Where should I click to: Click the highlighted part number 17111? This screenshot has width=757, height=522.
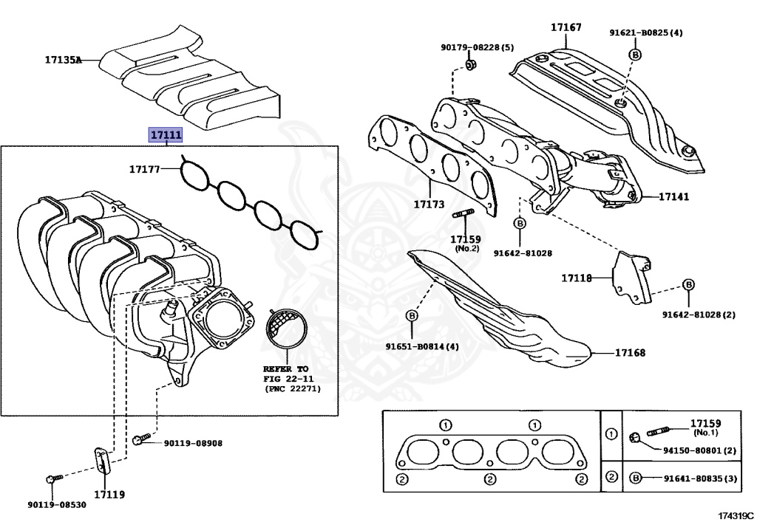point(166,135)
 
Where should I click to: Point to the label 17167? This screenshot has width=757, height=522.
point(566,27)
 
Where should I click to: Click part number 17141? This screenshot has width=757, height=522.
point(673,197)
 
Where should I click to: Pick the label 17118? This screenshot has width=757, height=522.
point(576,278)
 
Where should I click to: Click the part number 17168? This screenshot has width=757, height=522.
point(630,353)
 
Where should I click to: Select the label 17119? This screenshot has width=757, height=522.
point(109,494)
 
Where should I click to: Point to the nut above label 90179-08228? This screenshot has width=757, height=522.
point(471,66)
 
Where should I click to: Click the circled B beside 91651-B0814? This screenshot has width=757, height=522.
point(412,316)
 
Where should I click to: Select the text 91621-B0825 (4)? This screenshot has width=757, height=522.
point(645,32)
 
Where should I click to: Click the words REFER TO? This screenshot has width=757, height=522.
point(285,367)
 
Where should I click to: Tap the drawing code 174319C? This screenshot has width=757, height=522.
point(736,514)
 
